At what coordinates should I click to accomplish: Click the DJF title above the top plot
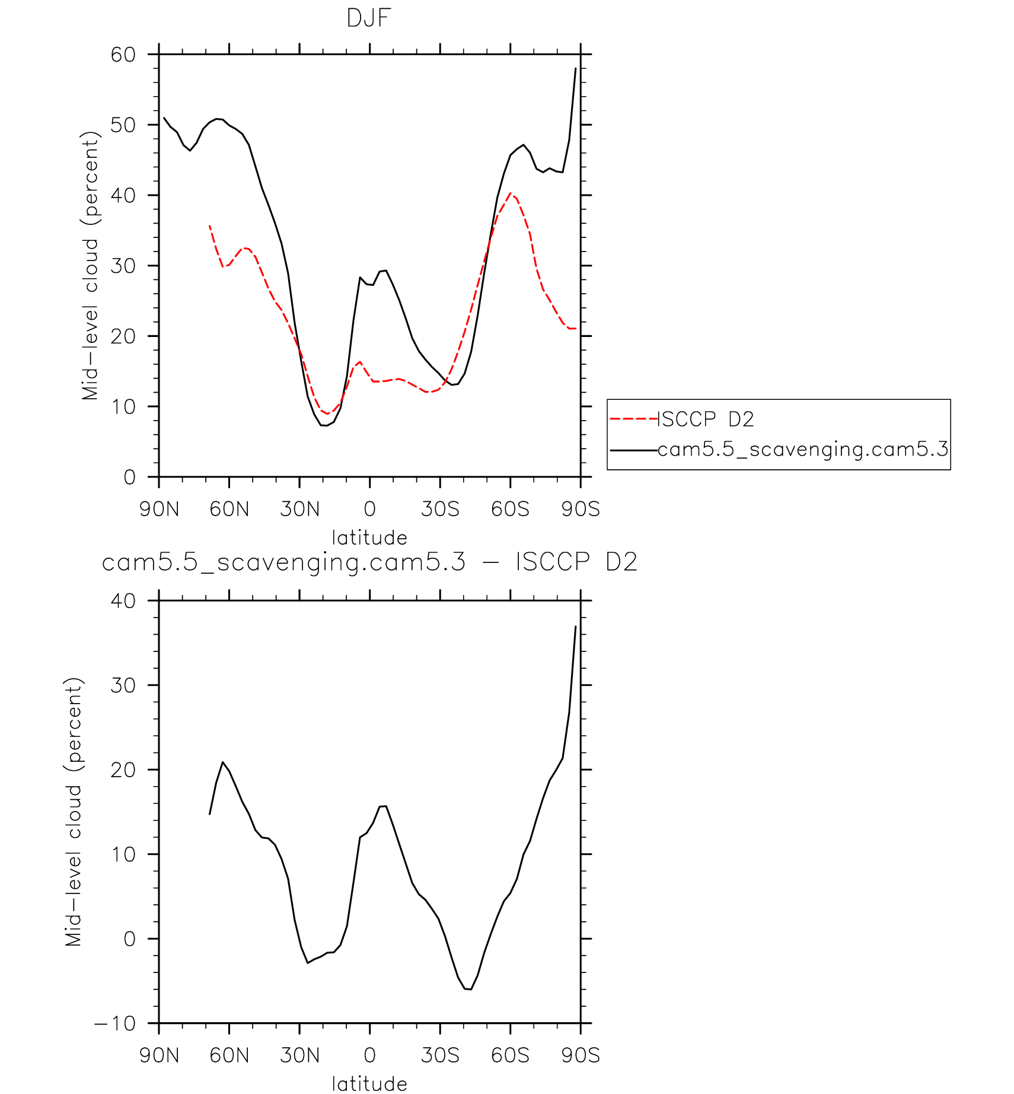(x=369, y=19)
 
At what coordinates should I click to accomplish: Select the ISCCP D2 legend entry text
(x=706, y=419)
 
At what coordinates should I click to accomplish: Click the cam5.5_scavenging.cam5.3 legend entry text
(x=803, y=450)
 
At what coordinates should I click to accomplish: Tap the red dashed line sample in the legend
(x=633, y=419)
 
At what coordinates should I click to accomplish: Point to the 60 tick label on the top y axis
(x=123, y=55)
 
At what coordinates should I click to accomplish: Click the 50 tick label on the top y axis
(x=123, y=125)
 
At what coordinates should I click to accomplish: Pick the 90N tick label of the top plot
(x=159, y=509)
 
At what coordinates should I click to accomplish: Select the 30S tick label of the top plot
(x=440, y=509)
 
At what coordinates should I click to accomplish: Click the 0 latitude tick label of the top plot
(x=369, y=509)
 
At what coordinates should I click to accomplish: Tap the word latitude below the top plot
(x=369, y=538)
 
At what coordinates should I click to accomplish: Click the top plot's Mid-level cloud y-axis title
(x=90, y=266)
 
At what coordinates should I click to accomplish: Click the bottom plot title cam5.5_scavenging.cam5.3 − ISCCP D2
(x=369, y=562)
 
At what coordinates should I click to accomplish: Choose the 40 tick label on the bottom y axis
(x=123, y=601)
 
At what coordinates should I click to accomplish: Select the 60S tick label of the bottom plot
(x=510, y=1055)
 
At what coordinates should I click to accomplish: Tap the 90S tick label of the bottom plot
(x=581, y=1055)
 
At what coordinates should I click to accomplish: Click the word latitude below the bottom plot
(x=369, y=1084)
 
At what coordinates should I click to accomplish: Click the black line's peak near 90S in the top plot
(x=575, y=69)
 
